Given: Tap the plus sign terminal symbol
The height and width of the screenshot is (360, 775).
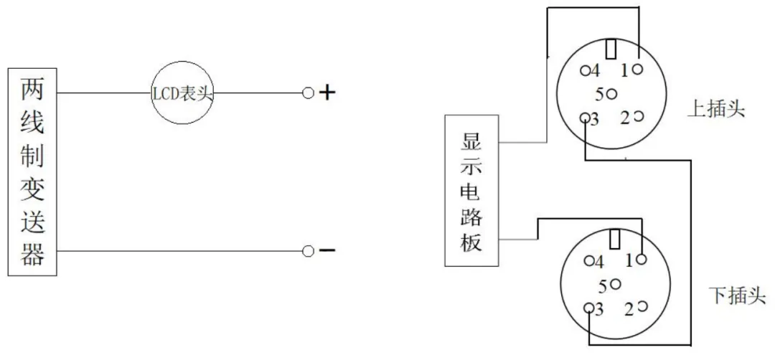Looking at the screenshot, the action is click(x=327, y=93).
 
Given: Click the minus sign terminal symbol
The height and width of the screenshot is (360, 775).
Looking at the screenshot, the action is click(x=327, y=251).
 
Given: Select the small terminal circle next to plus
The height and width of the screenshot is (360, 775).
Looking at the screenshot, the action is click(x=308, y=93).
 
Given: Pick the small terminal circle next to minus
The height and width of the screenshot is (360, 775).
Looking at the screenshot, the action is click(x=308, y=252).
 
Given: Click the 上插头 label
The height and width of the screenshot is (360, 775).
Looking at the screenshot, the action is click(x=715, y=110).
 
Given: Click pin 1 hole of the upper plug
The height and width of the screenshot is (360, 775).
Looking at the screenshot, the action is click(x=638, y=69).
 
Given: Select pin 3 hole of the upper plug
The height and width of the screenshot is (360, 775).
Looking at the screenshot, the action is click(x=585, y=118).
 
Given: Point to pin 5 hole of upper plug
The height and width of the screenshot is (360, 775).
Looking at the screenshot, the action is click(x=611, y=93).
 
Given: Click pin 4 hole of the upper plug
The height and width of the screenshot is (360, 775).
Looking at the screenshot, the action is click(x=586, y=70).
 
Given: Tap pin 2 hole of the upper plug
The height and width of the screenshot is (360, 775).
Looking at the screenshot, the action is click(x=639, y=116).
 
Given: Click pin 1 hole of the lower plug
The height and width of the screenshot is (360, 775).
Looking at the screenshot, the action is click(x=642, y=259).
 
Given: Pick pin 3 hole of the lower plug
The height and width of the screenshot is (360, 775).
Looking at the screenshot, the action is click(x=588, y=308).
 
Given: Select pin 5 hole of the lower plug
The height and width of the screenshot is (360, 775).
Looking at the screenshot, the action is click(x=616, y=284).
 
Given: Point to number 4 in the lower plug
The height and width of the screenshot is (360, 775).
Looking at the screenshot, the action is click(x=599, y=262).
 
